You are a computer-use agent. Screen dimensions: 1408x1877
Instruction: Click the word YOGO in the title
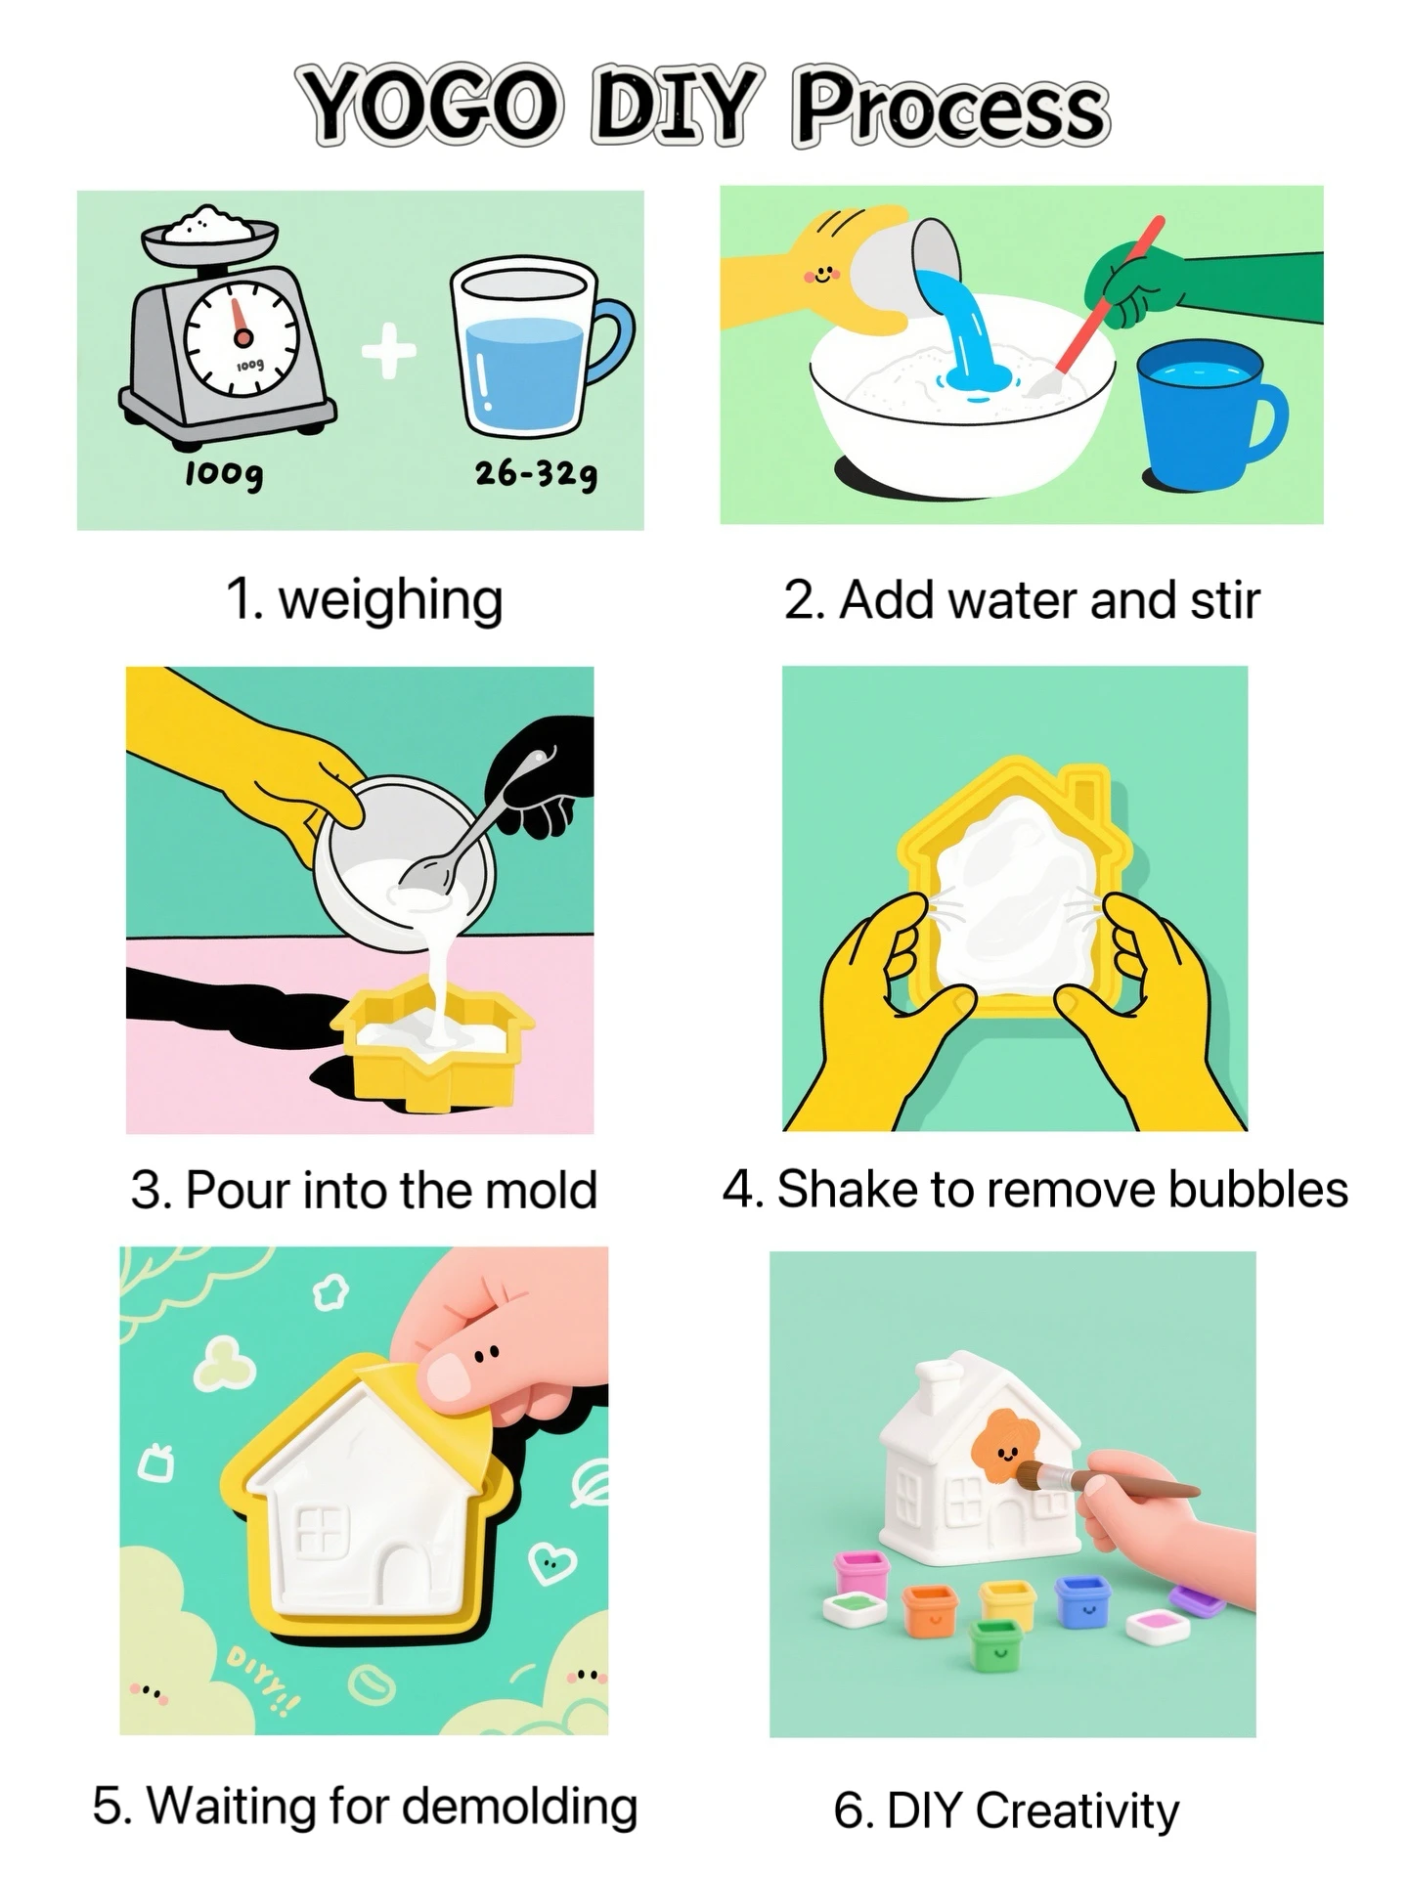[431, 105]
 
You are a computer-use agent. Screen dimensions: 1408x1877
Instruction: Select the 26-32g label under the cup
[536, 474]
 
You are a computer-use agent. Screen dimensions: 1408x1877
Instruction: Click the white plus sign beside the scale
[389, 352]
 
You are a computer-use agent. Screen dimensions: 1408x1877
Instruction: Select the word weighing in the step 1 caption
[391, 600]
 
